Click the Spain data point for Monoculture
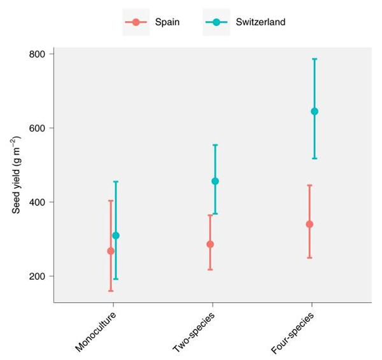tap(111, 251)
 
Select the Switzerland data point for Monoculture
tap(116, 236)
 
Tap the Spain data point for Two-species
tap(210, 244)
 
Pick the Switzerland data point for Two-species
tap(215, 181)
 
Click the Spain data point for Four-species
tap(309, 224)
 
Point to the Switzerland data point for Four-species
tap(315, 111)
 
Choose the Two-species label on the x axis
tap(194, 331)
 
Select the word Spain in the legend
tap(167, 22)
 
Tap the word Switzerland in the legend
tap(260, 22)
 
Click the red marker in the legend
tap(136, 22)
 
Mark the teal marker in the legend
tap(216, 22)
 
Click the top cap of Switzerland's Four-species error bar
tap(315, 59)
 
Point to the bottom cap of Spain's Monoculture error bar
tap(111, 291)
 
